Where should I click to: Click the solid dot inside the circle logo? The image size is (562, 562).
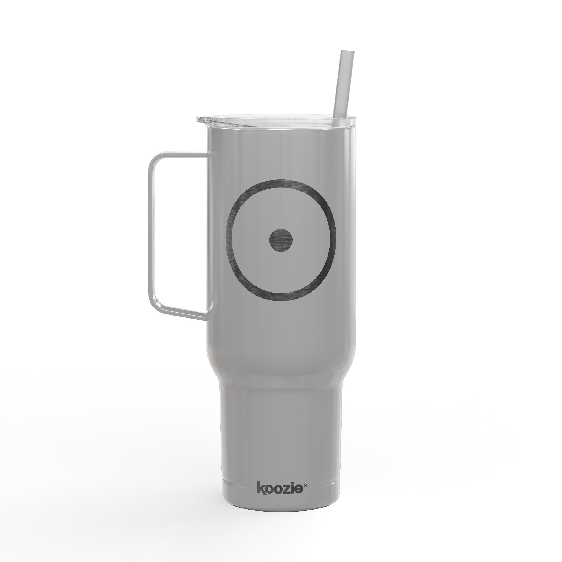[x=280, y=240]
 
